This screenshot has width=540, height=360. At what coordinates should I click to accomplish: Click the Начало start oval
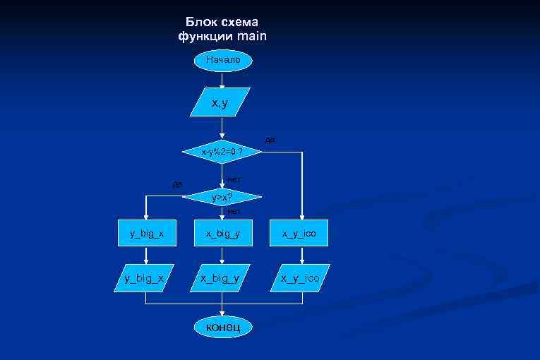pos(222,60)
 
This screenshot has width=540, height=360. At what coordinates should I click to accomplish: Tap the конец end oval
pos(222,326)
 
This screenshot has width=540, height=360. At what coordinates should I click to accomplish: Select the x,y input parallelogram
pos(221,102)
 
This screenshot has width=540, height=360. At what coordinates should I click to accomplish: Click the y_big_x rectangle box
pos(145,234)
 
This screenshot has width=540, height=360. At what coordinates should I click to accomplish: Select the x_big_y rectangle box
pos(222,234)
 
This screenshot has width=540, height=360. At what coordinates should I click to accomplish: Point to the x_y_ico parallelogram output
pos(300,278)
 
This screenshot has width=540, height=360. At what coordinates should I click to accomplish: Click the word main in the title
pos(252,35)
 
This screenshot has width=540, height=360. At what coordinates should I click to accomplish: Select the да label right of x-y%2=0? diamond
pos(272,140)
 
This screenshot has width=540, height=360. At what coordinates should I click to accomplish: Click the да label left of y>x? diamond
pos(177,184)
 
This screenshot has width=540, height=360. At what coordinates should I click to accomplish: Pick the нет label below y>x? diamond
pos(234,210)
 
